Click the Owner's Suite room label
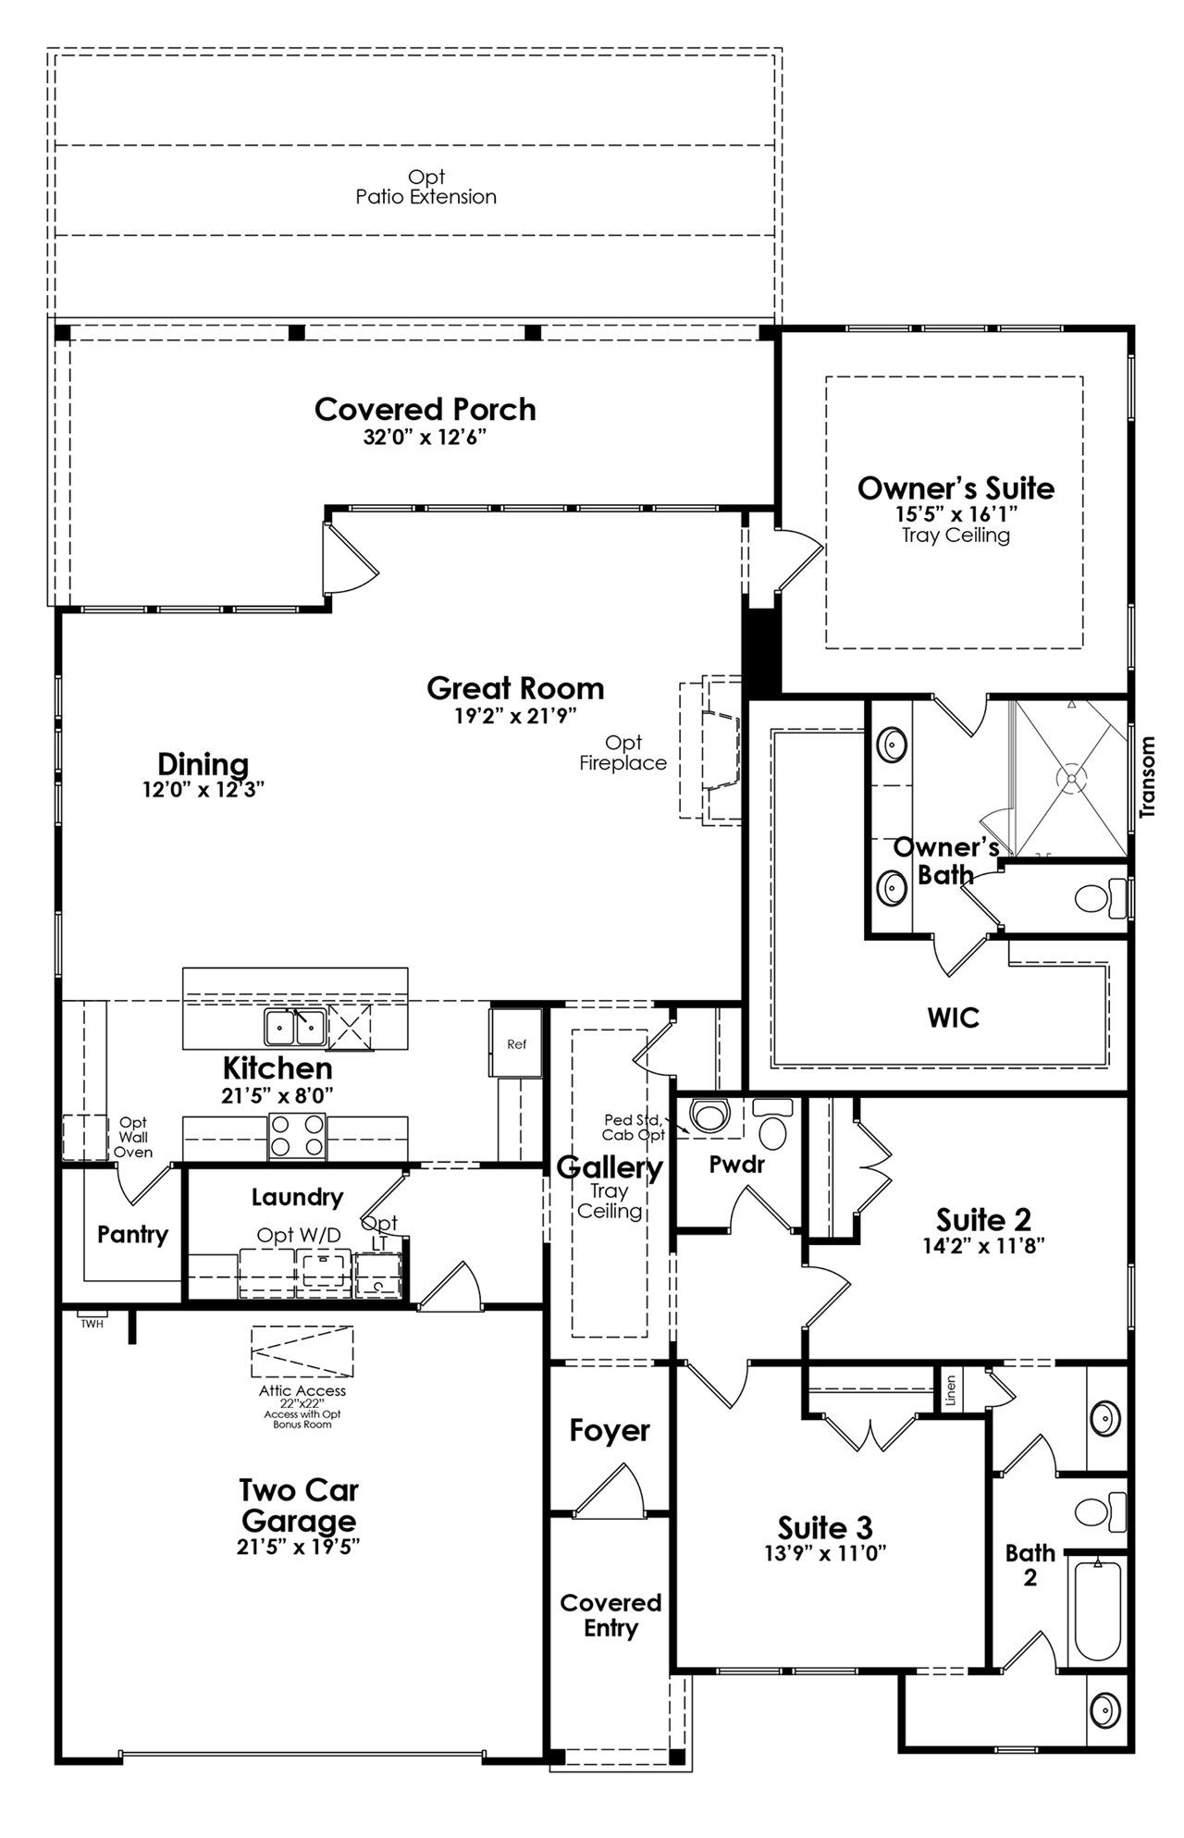(956, 487)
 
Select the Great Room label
(515, 688)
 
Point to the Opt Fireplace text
(623, 753)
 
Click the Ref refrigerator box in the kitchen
(516, 1043)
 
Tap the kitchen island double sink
(294, 1026)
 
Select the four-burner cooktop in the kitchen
(297, 1136)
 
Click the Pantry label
(133, 1235)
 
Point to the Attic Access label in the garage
(302, 1390)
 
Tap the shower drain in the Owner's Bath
(1072, 779)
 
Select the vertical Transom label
(1148, 777)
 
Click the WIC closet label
(954, 1018)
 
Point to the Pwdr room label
(737, 1165)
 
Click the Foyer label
(610, 1431)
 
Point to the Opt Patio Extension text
(426, 187)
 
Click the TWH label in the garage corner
(92, 1324)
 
